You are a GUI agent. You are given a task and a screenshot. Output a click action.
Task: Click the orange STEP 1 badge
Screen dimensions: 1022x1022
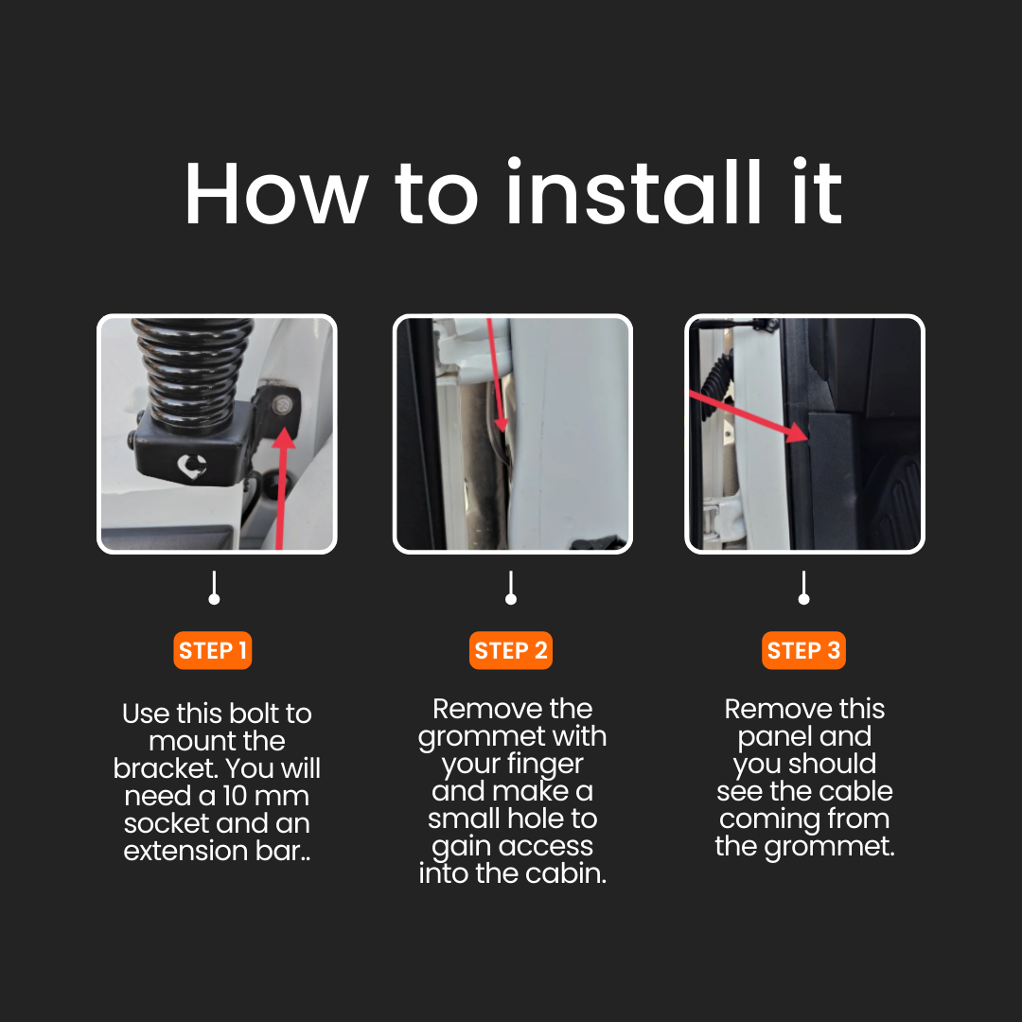pyautogui.click(x=213, y=650)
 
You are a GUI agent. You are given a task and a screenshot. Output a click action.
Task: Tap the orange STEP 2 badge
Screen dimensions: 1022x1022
pyautogui.click(x=510, y=650)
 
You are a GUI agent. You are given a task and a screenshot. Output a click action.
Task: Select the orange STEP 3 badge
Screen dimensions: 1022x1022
pyautogui.click(x=803, y=650)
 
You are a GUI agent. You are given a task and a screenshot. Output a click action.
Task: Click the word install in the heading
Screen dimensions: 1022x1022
pyautogui.click(x=633, y=193)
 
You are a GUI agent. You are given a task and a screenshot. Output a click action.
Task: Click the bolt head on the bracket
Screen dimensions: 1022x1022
pyautogui.click(x=282, y=405)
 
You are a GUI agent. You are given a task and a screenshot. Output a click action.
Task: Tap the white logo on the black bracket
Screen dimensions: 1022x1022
pyautogui.click(x=192, y=466)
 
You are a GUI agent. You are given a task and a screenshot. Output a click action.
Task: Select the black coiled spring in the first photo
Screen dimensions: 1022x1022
pyautogui.click(x=193, y=375)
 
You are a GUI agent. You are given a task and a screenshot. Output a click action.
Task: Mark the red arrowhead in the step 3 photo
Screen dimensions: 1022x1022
pyautogui.click(x=798, y=432)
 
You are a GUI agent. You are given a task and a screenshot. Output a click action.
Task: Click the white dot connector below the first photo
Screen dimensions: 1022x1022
pyautogui.click(x=214, y=598)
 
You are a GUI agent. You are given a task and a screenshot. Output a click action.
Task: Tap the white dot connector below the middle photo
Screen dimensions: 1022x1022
pyautogui.click(x=510, y=598)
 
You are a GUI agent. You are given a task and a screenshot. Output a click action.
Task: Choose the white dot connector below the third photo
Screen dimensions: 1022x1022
pyautogui.click(x=803, y=598)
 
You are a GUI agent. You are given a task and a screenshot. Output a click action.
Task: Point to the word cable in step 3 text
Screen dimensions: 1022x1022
pyautogui.click(x=855, y=791)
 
